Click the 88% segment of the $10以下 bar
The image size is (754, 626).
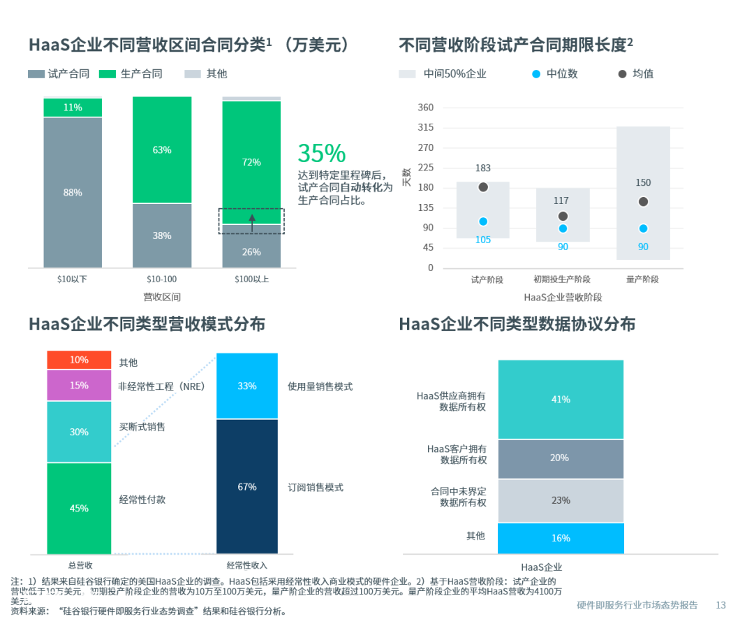coord(73,192)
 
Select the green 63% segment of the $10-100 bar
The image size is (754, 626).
coord(162,150)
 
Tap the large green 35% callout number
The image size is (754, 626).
coord(322,153)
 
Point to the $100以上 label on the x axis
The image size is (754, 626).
coord(251,279)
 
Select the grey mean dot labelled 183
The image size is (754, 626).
coord(483,187)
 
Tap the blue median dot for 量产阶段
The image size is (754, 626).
coord(643,228)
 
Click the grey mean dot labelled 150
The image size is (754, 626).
coord(643,202)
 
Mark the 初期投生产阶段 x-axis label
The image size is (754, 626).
coord(562,279)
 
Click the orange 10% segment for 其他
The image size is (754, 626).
coord(79,360)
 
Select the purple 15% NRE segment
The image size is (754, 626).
coord(79,386)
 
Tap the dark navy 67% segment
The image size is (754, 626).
coord(247,487)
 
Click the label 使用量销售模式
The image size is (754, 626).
coord(320,386)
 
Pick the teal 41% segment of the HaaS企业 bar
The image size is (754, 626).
coord(561,400)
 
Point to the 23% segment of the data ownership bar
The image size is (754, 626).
coord(561,500)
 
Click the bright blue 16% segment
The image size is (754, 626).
coord(561,538)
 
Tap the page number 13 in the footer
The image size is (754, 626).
coord(721,605)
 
